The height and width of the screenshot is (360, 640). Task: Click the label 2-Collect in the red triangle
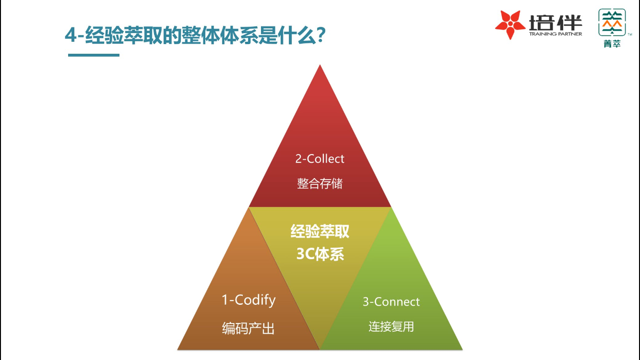320,159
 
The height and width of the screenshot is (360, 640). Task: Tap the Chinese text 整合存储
320,183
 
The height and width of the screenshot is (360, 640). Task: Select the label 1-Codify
249,300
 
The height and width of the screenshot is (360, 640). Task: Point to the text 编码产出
249,328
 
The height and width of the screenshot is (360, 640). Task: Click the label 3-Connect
391,302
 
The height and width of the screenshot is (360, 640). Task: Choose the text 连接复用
391,326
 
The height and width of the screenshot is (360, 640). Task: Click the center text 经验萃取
320,231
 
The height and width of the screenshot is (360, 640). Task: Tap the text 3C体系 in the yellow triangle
320,253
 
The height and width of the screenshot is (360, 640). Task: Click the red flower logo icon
510,24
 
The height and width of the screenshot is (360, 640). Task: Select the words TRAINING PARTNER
556,34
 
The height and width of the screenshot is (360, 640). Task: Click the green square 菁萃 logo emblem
612,22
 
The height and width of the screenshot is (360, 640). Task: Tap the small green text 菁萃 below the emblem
612,44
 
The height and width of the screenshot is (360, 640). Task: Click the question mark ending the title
321,35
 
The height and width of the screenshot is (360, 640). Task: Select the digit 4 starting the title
71,35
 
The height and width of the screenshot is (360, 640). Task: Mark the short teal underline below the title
94,55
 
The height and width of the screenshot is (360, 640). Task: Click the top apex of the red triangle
320,65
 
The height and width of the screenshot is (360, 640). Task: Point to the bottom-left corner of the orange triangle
178,349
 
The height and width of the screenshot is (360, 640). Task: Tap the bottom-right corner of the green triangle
462,349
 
